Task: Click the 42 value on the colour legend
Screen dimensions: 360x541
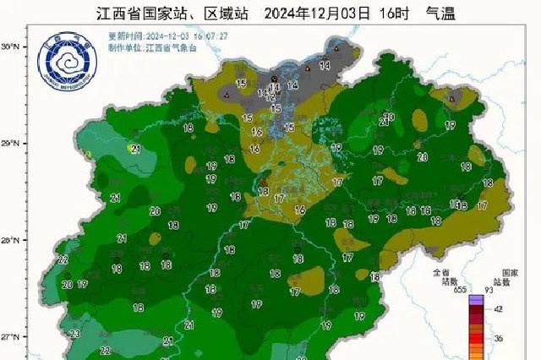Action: pos(498,309)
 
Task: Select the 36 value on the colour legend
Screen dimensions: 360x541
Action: pos(498,337)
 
